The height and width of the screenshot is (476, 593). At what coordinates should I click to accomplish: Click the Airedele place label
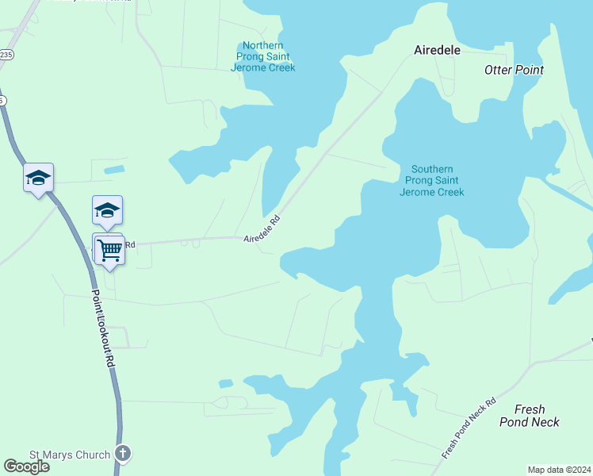437,49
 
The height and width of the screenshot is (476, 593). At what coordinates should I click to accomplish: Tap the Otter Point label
514,70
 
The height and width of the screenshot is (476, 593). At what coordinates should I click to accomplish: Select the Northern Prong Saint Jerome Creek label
262,57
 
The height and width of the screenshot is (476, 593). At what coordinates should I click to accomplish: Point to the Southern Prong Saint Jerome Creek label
432,181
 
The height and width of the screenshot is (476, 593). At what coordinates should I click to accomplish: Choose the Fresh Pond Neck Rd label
469,428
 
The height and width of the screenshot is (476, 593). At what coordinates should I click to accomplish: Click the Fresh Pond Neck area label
529,416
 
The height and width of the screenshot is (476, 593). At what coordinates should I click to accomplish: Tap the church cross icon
122,455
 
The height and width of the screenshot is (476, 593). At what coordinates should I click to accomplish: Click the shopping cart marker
110,250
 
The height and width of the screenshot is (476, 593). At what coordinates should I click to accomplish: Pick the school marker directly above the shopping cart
107,211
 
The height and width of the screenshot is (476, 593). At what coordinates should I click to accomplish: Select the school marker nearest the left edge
38,178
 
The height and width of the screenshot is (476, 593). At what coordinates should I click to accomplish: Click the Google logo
26,466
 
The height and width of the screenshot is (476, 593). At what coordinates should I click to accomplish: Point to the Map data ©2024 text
559,470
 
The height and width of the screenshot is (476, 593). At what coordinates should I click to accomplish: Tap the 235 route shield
6,54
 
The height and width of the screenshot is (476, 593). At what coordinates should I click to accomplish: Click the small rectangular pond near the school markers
114,169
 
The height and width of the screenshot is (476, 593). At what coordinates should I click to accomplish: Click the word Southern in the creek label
432,169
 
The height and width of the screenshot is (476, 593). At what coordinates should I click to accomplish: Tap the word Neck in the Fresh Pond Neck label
545,422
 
